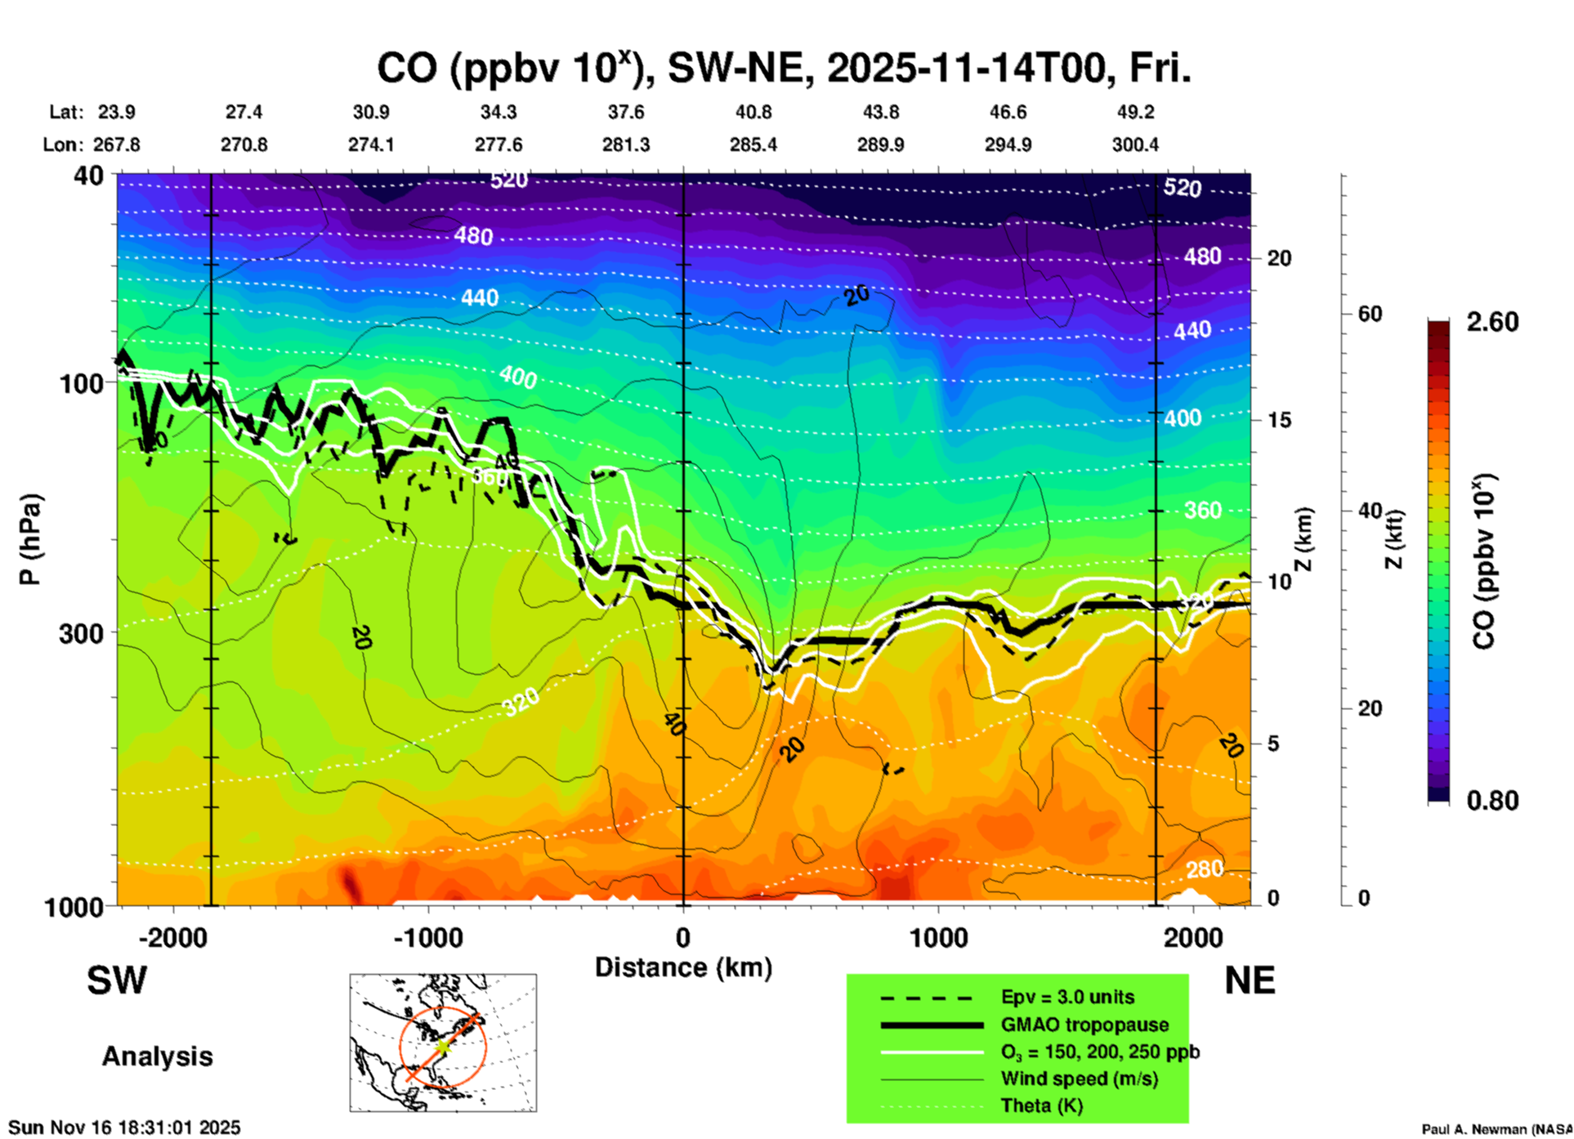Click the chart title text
(783, 69)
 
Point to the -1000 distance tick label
(427, 937)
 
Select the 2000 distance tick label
(1193, 937)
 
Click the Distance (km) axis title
(683, 967)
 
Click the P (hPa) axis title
(30, 539)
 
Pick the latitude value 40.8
(753, 112)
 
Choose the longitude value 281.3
(626, 145)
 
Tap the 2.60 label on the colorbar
(1492, 322)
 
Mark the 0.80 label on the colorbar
(1492, 801)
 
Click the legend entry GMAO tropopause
(1084, 1025)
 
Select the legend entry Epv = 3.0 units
(1066, 997)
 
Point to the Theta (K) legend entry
(1041, 1105)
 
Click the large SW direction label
(117, 980)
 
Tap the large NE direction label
(1250, 980)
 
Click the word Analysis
(157, 1056)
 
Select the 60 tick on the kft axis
(1370, 314)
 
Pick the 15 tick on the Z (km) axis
(1279, 420)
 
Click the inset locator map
(443, 1043)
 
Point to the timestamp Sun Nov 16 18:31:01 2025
(124, 1128)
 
